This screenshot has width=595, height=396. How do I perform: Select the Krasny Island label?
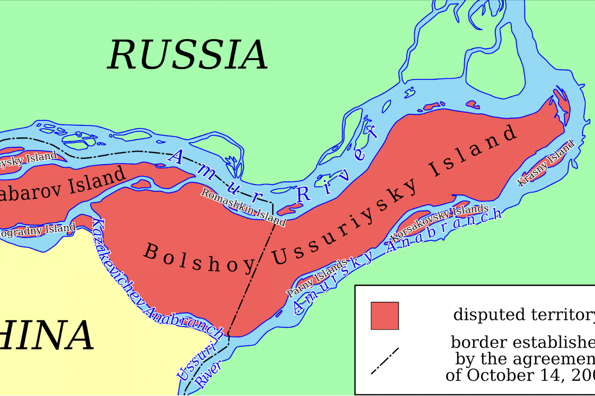[x=546, y=163]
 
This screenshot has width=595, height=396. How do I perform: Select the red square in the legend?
[x=385, y=316]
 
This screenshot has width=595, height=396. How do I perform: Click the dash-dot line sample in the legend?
[x=385, y=361]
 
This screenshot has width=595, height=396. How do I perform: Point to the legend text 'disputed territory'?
[x=524, y=315]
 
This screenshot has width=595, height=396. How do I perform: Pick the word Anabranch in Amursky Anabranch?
[x=443, y=229]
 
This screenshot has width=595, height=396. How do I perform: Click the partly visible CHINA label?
[x=46, y=336]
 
